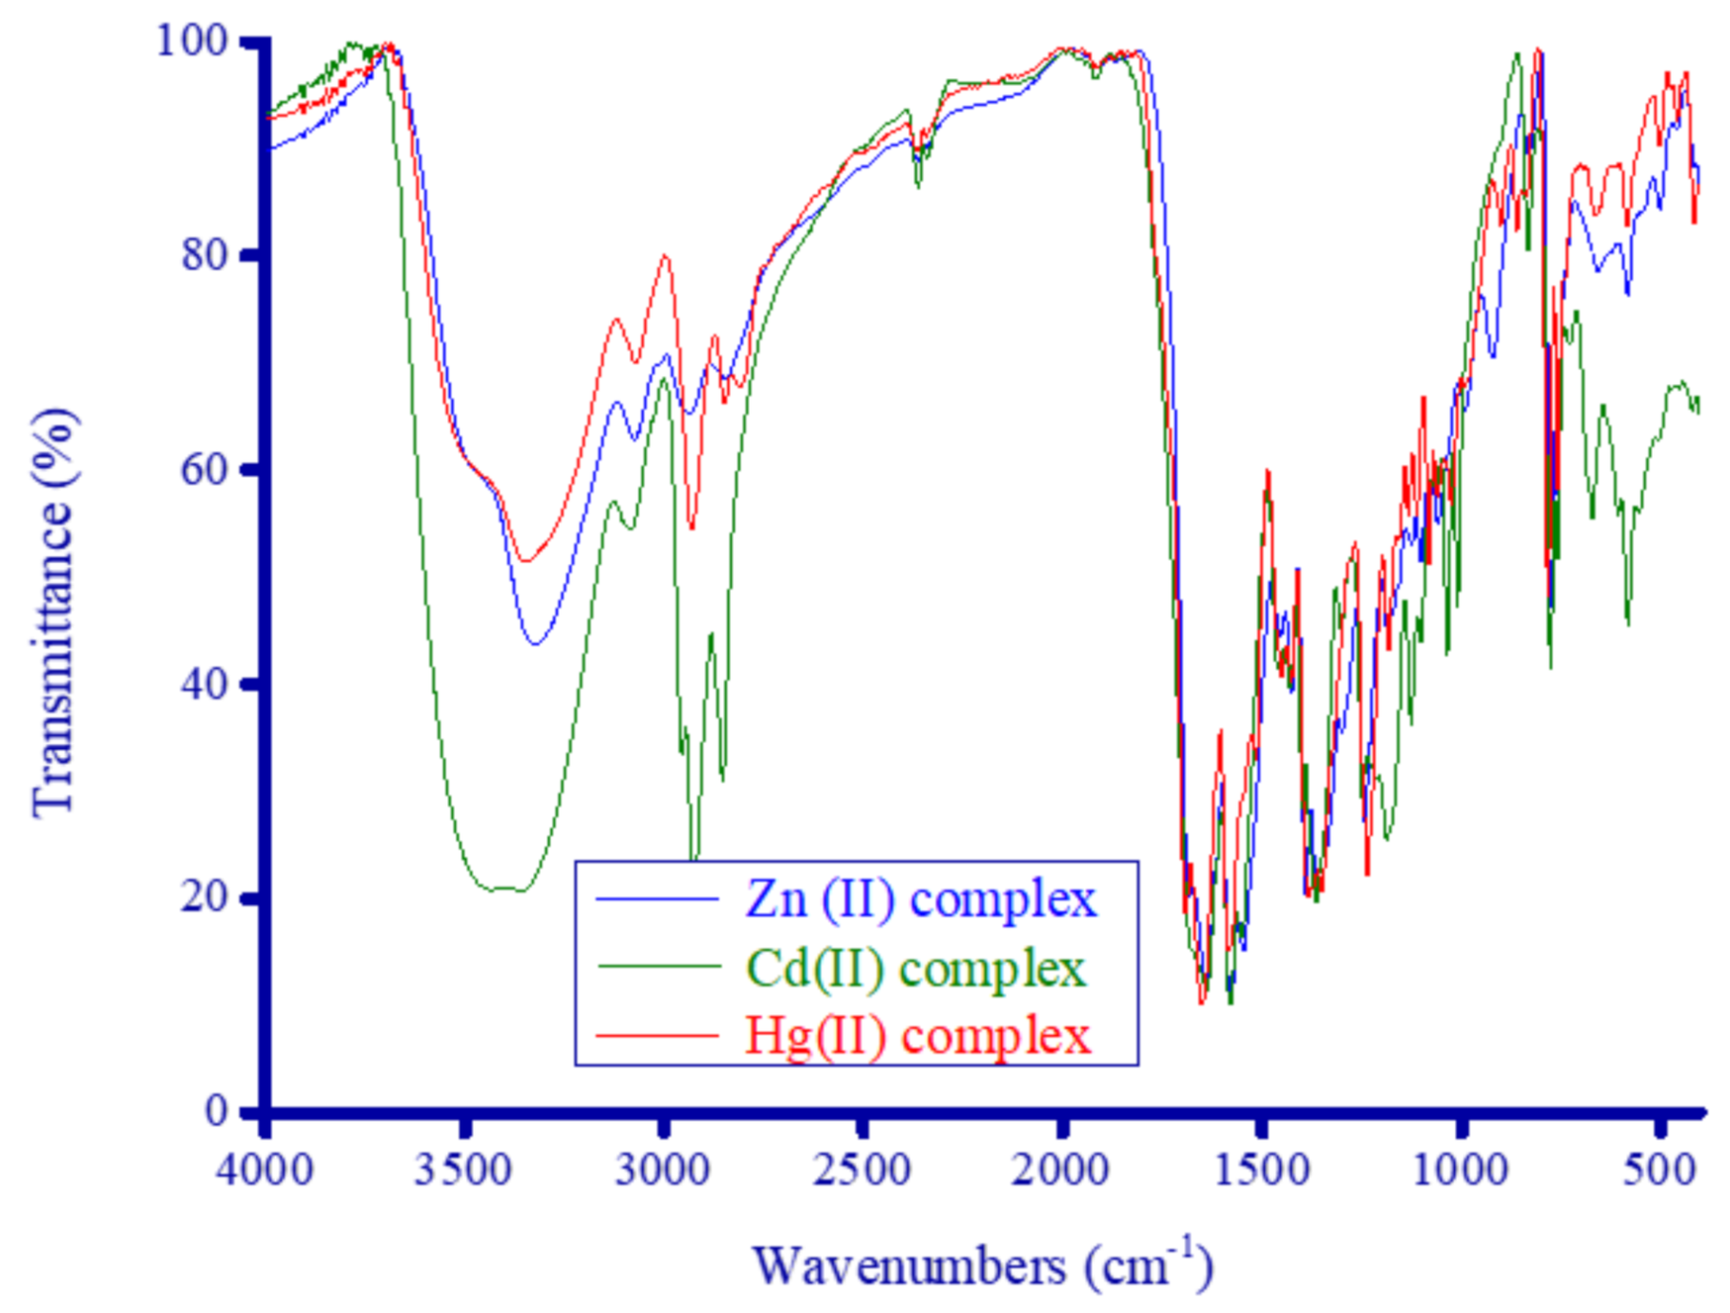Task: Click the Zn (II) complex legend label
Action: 920,900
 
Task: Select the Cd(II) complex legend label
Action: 915,969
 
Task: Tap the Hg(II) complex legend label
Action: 917,1036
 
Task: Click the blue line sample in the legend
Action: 657,900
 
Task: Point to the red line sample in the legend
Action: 657,1036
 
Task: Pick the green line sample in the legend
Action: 657,967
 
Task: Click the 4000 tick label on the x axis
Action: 265,1171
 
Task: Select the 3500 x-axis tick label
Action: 463,1171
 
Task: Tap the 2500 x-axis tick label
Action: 863,1171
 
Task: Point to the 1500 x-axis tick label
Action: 1262,1171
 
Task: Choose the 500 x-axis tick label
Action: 1659,1171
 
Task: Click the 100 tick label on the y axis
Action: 192,41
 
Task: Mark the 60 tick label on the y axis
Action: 204,469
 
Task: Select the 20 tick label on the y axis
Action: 204,897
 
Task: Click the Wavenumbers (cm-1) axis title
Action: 982,1265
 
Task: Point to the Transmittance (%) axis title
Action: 54,612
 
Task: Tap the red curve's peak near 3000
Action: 665,255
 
